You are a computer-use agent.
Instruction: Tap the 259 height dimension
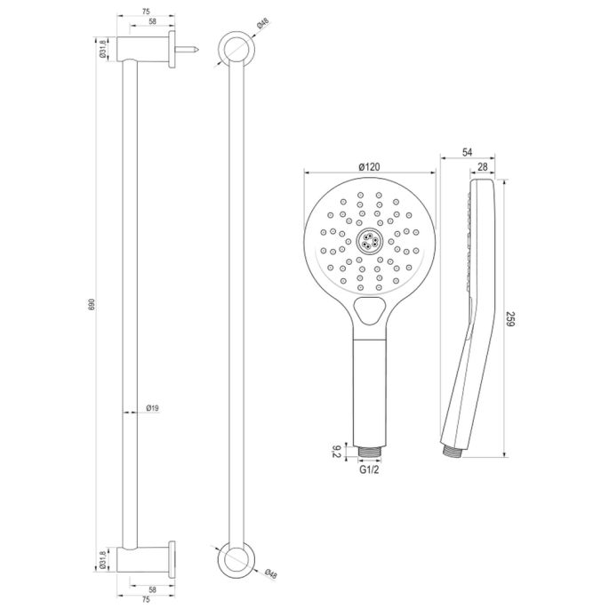coord(510,318)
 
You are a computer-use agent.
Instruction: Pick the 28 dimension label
coord(480,167)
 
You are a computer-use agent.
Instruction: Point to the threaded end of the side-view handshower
coord(450,449)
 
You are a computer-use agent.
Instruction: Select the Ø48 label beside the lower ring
coord(269,573)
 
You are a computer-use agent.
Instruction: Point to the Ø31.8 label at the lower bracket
coord(104,560)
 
